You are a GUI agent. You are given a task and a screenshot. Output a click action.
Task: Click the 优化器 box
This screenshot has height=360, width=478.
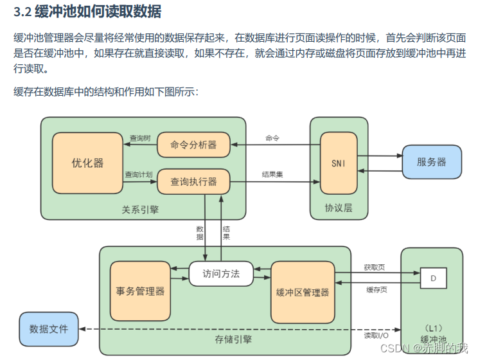tap(87, 163)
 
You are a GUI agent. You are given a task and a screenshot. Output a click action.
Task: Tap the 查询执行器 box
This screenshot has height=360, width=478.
tap(193, 182)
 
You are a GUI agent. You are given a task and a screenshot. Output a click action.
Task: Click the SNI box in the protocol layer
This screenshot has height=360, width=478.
tap(339, 163)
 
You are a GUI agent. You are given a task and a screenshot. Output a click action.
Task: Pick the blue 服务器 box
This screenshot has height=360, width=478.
tap(431, 162)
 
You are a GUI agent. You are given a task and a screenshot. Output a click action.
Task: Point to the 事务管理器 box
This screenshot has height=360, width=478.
tap(141, 291)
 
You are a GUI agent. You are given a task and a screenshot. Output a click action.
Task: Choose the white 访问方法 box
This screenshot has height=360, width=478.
tap(220, 274)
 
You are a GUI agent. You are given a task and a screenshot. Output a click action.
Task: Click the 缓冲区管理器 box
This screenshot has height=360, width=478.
tap(302, 292)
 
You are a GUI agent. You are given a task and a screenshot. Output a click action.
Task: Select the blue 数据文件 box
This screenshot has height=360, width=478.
tap(48, 328)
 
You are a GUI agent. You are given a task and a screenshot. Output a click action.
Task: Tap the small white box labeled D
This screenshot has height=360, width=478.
tap(433, 278)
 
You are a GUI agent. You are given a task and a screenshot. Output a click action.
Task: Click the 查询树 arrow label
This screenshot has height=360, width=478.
tap(139, 138)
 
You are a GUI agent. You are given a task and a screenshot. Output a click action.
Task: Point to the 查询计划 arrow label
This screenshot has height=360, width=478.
tap(139, 175)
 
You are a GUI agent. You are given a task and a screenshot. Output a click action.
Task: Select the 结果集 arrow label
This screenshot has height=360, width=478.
tap(272, 174)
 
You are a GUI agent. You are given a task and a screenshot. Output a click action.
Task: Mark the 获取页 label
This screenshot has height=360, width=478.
tap(374, 267)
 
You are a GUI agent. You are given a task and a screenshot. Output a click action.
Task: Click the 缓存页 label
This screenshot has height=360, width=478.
tap(376, 290)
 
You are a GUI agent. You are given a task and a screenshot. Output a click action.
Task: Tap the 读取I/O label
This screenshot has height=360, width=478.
tap(376, 335)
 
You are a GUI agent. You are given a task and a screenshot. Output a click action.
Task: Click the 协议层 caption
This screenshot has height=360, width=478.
tap(339, 208)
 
